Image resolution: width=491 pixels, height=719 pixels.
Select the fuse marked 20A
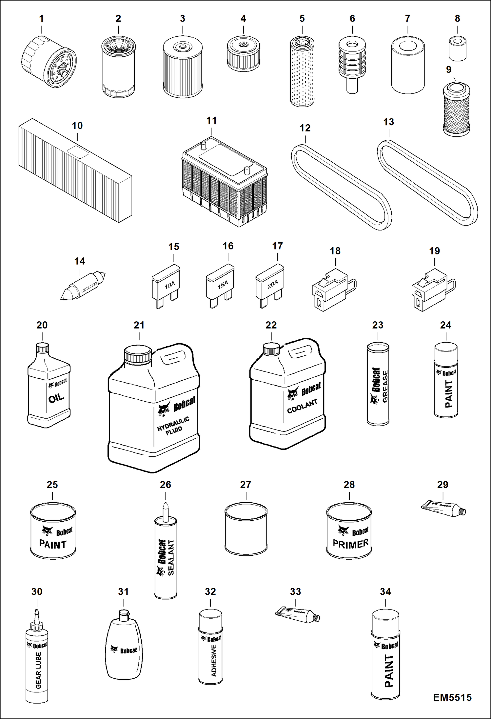(270, 284)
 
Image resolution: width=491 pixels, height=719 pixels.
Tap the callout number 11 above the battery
(211, 121)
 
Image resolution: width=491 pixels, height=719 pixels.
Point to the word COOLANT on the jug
(302, 406)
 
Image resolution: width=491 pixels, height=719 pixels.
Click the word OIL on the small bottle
(56, 399)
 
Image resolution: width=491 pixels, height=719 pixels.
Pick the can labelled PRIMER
(349, 531)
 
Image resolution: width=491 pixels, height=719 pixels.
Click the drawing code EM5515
(452, 697)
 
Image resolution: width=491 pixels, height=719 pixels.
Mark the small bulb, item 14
(83, 285)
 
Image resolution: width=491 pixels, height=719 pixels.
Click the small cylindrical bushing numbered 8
(457, 49)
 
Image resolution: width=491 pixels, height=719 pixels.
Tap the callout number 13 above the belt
(388, 122)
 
